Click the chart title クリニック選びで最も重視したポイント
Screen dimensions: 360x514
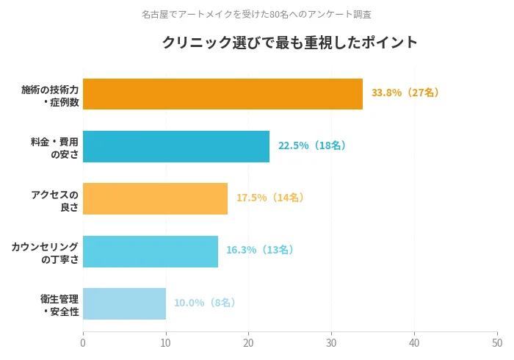(x=289, y=43)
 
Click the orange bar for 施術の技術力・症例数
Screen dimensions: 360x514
(x=222, y=94)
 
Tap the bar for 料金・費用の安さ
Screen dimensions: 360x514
(x=176, y=146)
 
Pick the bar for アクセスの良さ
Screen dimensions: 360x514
(x=155, y=198)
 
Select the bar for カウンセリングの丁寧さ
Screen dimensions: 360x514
(x=151, y=251)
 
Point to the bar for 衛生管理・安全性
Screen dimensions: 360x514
(x=124, y=303)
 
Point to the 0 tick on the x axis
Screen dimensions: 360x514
(x=83, y=343)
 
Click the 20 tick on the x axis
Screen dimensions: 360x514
(x=249, y=343)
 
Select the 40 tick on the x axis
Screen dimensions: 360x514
(x=415, y=343)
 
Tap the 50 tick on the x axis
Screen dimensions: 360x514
(x=497, y=343)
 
